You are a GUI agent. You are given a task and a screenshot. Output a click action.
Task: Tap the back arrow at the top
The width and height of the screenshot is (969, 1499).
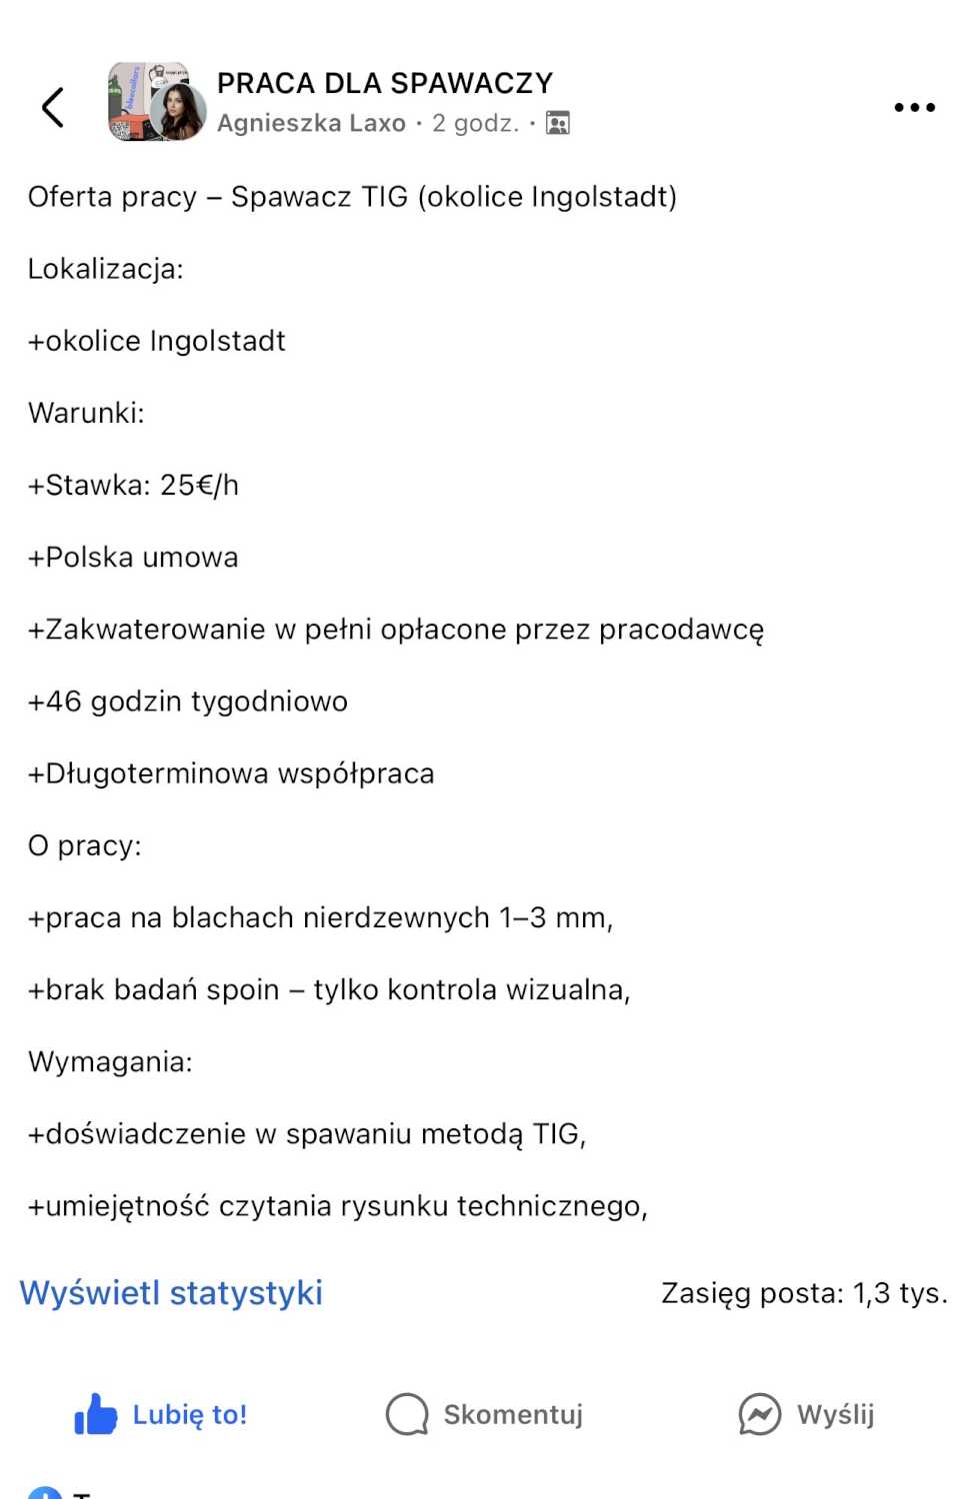pyautogui.click(x=53, y=107)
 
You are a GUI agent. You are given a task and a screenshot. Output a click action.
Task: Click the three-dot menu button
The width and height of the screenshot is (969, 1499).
pyautogui.click(x=914, y=107)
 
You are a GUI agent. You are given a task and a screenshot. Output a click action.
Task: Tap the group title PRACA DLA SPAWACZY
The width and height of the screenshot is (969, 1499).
pyautogui.click(x=384, y=83)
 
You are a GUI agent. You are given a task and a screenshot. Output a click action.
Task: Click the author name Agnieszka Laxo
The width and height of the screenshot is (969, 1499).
pyautogui.click(x=311, y=123)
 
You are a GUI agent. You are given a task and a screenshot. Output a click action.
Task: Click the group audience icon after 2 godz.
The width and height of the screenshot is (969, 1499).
pyautogui.click(x=558, y=123)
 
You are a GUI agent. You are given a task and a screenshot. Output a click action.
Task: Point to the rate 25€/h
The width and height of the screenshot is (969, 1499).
pyautogui.click(x=199, y=486)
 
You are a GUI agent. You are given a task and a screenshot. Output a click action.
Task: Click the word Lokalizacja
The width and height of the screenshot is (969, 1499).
pyautogui.click(x=103, y=269)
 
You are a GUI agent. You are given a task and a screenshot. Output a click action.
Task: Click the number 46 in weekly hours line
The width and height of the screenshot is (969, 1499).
pyautogui.click(x=63, y=702)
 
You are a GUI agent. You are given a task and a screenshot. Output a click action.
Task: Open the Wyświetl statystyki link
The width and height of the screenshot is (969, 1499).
pyautogui.click(x=171, y=1292)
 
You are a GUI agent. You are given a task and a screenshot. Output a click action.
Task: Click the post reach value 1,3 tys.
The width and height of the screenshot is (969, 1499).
pyautogui.click(x=899, y=1293)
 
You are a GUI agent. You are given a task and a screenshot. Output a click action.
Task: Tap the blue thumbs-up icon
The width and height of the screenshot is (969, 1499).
pyautogui.click(x=96, y=1414)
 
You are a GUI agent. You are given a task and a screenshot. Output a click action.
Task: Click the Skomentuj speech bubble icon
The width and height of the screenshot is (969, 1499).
pyautogui.click(x=407, y=1414)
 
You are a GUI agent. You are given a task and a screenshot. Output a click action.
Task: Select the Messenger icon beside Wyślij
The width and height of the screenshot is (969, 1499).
pyautogui.click(x=759, y=1414)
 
